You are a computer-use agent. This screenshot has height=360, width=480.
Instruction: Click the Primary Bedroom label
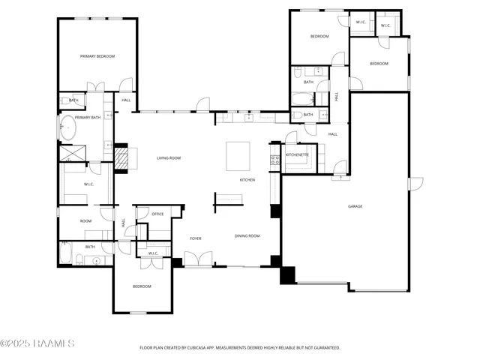click(x=97, y=56)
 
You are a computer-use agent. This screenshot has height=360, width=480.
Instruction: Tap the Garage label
click(x=355, y=206)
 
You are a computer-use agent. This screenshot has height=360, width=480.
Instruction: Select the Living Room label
click(x=169, y=158)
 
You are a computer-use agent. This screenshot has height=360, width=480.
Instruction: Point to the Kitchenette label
click(x=297, y=154)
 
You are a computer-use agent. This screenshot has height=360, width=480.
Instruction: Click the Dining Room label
click(x=247, y=236)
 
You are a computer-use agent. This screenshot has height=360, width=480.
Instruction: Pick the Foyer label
click(x=196, y=238)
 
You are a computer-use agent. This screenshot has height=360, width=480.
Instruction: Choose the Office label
click(x=157, y=214)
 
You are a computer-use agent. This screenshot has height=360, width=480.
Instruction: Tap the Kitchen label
click(x=247, y=180)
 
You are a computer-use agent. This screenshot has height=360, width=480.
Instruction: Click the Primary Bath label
click(x=88, y=118)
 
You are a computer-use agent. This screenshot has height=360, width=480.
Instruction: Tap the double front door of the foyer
click(x=197, y=259)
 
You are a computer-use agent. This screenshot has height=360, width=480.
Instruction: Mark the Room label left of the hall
click(x=86, y=221)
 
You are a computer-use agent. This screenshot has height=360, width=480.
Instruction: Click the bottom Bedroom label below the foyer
click(x=142, y=286)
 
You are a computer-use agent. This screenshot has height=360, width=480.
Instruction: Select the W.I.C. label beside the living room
click(x=88, y=184)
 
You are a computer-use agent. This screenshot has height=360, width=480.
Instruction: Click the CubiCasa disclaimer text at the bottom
click(x=240, y=348)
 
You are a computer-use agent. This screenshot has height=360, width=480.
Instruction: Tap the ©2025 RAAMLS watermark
click(x=37, y=344)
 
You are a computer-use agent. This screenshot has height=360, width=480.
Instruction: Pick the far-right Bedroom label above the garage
click(x=379, y=64)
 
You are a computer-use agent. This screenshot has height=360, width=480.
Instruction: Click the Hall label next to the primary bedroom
click(x=126, y=100)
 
